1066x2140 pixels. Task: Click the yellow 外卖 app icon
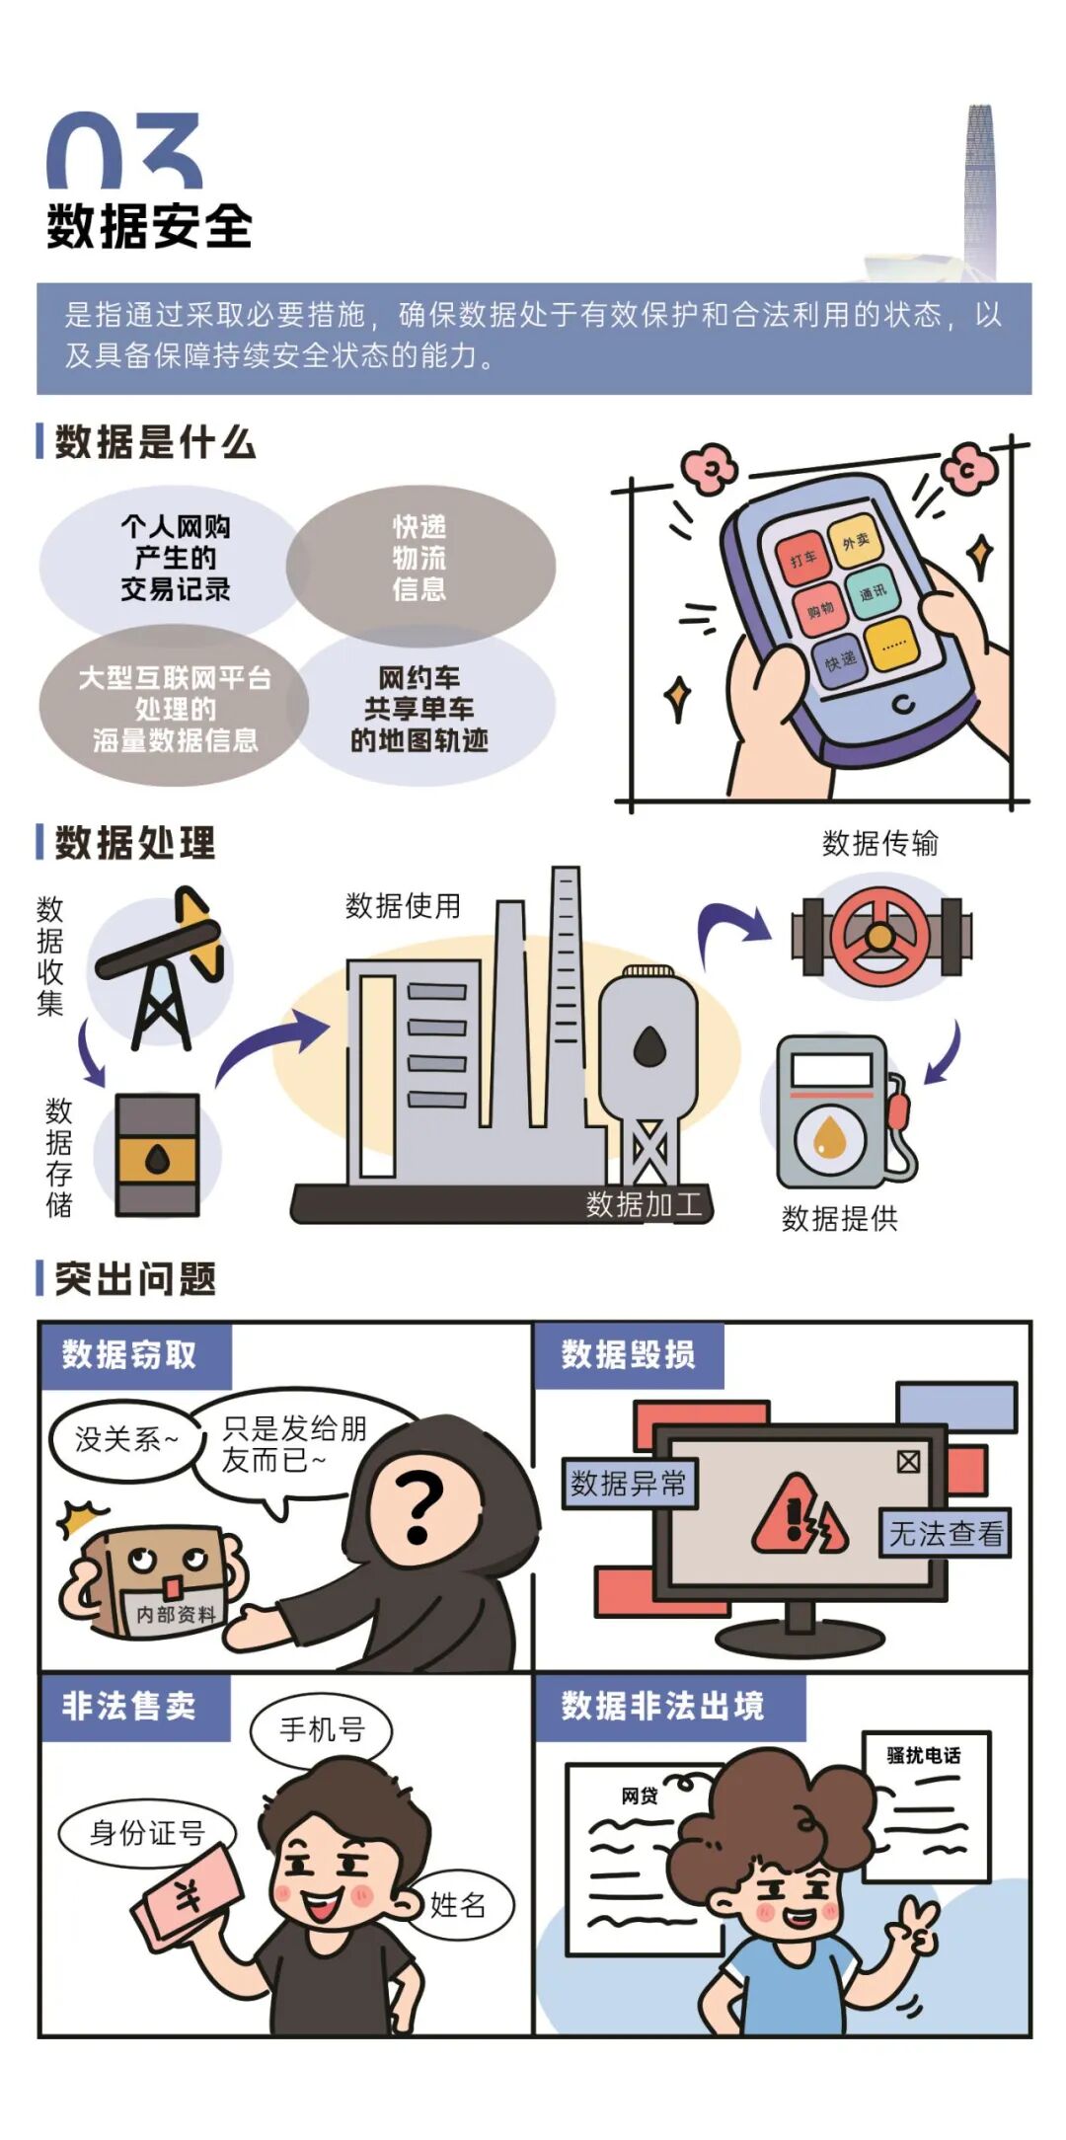855,540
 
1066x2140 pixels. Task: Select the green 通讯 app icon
873,592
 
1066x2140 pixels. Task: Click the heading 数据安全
149,227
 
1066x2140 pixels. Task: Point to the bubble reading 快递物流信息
419,559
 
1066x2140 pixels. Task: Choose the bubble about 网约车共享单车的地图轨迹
419,709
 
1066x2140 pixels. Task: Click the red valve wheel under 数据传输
879,937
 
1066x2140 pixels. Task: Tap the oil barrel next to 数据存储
158,1154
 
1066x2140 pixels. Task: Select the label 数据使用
403,906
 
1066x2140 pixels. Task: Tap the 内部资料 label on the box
176,1615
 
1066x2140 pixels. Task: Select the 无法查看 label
946,1534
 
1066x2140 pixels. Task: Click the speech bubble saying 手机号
322,1729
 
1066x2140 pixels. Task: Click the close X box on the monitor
908,1461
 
